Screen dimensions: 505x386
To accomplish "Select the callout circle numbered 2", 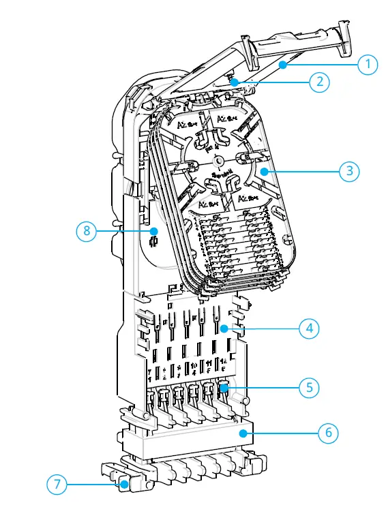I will [x=318, y=82].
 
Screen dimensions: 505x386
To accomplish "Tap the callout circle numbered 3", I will [x=349, y=170].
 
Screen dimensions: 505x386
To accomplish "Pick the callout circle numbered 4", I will [x=310, y=328].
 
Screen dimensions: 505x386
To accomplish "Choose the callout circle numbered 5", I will [x=310, y=386].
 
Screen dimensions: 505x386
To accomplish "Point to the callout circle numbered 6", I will [x=329, y=432].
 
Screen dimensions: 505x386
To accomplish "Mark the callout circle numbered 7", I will [x=57, y=485].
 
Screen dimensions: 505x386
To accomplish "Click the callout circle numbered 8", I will [x=87, y=230].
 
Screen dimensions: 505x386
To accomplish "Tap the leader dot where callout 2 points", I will [x=234, y=82].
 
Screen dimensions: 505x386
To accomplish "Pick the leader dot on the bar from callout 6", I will [x=243, y=432].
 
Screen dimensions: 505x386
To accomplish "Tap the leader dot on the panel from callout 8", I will [x=155, y=230].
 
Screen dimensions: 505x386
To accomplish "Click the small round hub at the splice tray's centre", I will [x=218, y=162].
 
